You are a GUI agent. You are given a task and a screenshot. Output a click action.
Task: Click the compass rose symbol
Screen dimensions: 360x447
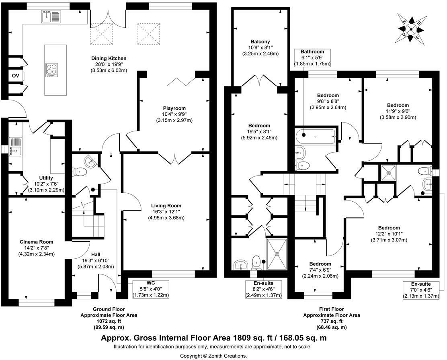pyautogui.click(x=411, y=28)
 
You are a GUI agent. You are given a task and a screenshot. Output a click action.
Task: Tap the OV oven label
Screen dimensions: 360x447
pyautogui.click(x=15, y=76)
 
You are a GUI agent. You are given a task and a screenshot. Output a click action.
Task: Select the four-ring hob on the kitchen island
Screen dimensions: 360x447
pyautogui.click(x=52, y=70)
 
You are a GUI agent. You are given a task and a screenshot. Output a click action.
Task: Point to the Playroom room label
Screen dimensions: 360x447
pyautogui.click(x=174, y=108)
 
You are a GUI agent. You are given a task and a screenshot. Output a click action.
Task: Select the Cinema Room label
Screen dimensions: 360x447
pyautogui.click(x=36, y=242)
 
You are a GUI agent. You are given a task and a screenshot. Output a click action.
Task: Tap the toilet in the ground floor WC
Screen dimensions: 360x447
pyautogui.click(x=81, y=172)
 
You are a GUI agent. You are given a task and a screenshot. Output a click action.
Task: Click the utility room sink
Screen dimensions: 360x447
pyautogui.click(x=16, y=146)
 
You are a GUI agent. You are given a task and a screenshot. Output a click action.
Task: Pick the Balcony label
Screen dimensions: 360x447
pyautogui.click(x=260, y=42)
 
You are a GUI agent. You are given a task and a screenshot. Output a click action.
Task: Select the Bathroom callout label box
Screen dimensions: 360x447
pyautogui.click(x=312, y=58)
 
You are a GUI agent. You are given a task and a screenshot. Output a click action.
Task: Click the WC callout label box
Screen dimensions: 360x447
pyautogui.click(x=151, y=289)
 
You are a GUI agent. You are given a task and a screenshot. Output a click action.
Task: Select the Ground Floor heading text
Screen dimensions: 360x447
pyautogui.click(x=109, y=309)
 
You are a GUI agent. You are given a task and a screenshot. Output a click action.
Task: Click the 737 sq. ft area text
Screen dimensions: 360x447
pyautogui.click(x=332, y=321)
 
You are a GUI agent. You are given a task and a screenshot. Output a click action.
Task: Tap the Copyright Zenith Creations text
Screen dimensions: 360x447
pyautogui.click(x=213, y=356)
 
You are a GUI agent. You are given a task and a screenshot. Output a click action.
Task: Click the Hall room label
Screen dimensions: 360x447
pyautogui.click(x=95, y=255)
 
